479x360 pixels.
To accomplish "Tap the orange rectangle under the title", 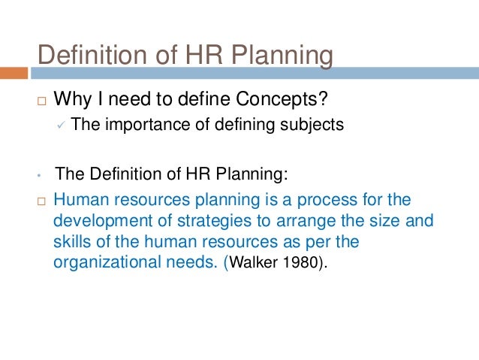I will coord(14,74).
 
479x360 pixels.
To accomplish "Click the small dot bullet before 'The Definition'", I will coord(37,177).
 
